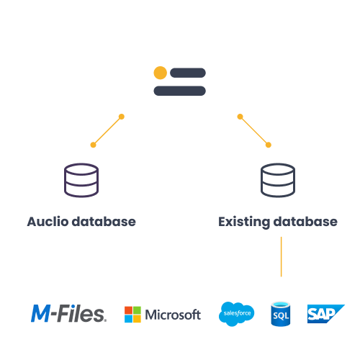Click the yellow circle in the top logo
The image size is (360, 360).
pyautogui.click(x=161, y=73)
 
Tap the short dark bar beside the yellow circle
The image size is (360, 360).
pyautogui.click(x=188, y=73)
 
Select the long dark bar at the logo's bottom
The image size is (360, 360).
pyautogui.click(x=179, y=91)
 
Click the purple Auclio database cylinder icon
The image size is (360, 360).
pyautogui.click(x=81, y=180)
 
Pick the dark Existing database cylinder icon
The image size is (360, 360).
pyautogui.click(x=278, y=180)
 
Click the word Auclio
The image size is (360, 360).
pyautogui.click(x=48, y=222)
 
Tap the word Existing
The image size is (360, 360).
pyautogui.click(x=244, y=222)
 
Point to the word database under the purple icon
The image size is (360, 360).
pyautogui.click(x=104, y=222)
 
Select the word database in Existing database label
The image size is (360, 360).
pyautogui.click(x=305, y=222)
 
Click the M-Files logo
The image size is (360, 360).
pyautogui.click(x=68, y=313)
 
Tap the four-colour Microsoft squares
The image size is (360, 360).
pyautogui.click(x=132, y=315)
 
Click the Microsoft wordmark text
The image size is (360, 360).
pyautogui.click(x=173, y=315)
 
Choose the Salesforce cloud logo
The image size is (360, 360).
pyautogui.click(x=236, y=314)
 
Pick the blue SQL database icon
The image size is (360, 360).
pyautogui.click(x=281, y=314)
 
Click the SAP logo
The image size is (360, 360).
pyautogui.click(x=326, y=314)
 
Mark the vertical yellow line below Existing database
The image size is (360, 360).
pyautogui.click(x=282, y=257)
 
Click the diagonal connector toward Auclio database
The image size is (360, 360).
pyautogui.click(x=107, y=131)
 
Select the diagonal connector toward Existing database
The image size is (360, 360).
pyautogui.click(x=254, y=131)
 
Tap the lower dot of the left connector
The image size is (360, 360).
pyautogui.click(x=93, y=145)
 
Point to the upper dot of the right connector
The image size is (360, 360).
pyautogui.click(x=240, y=117)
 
